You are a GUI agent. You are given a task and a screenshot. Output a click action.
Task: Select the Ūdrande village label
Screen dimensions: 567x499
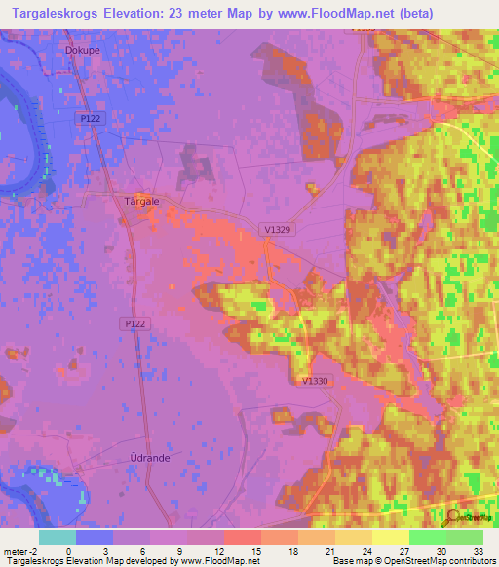[146, 456]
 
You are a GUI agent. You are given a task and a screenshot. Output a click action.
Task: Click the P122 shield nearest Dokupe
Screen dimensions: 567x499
[90, 117]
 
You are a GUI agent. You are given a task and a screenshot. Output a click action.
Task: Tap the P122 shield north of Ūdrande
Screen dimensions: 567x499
[135, 321]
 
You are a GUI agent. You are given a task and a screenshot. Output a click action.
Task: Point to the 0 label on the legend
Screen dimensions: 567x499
[68, 550]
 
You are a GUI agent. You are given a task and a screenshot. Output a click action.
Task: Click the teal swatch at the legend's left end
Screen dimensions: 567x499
[58, 537]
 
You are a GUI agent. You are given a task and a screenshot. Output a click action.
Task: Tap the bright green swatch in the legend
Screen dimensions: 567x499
[427, 537]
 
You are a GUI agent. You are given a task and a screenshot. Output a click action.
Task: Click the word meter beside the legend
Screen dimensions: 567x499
[17, 550]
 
